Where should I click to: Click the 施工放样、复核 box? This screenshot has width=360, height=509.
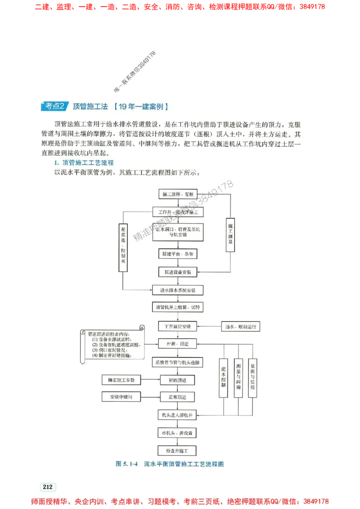point(178,194)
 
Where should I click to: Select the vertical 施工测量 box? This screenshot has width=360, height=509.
point(230,234)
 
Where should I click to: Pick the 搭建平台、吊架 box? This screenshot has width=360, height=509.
point(178,254)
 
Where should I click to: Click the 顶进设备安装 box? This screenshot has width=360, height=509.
point(178,272)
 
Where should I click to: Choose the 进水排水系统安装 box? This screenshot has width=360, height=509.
point(178,290)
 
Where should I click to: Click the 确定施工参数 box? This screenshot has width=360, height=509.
point(121,380)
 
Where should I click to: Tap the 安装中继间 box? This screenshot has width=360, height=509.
point(121,397)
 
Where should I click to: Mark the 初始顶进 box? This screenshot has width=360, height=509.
point(178,380)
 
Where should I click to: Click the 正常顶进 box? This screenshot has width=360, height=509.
point(178,397)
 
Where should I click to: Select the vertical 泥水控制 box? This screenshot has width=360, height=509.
point(224,377)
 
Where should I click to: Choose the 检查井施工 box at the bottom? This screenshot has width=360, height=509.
point(178,450)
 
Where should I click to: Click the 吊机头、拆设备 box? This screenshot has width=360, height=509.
point(178,433)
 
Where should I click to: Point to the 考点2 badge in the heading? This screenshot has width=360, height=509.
point(55,107)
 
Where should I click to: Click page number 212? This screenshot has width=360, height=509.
point(47,487)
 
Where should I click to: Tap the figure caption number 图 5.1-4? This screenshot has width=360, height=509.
point(126,463)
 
